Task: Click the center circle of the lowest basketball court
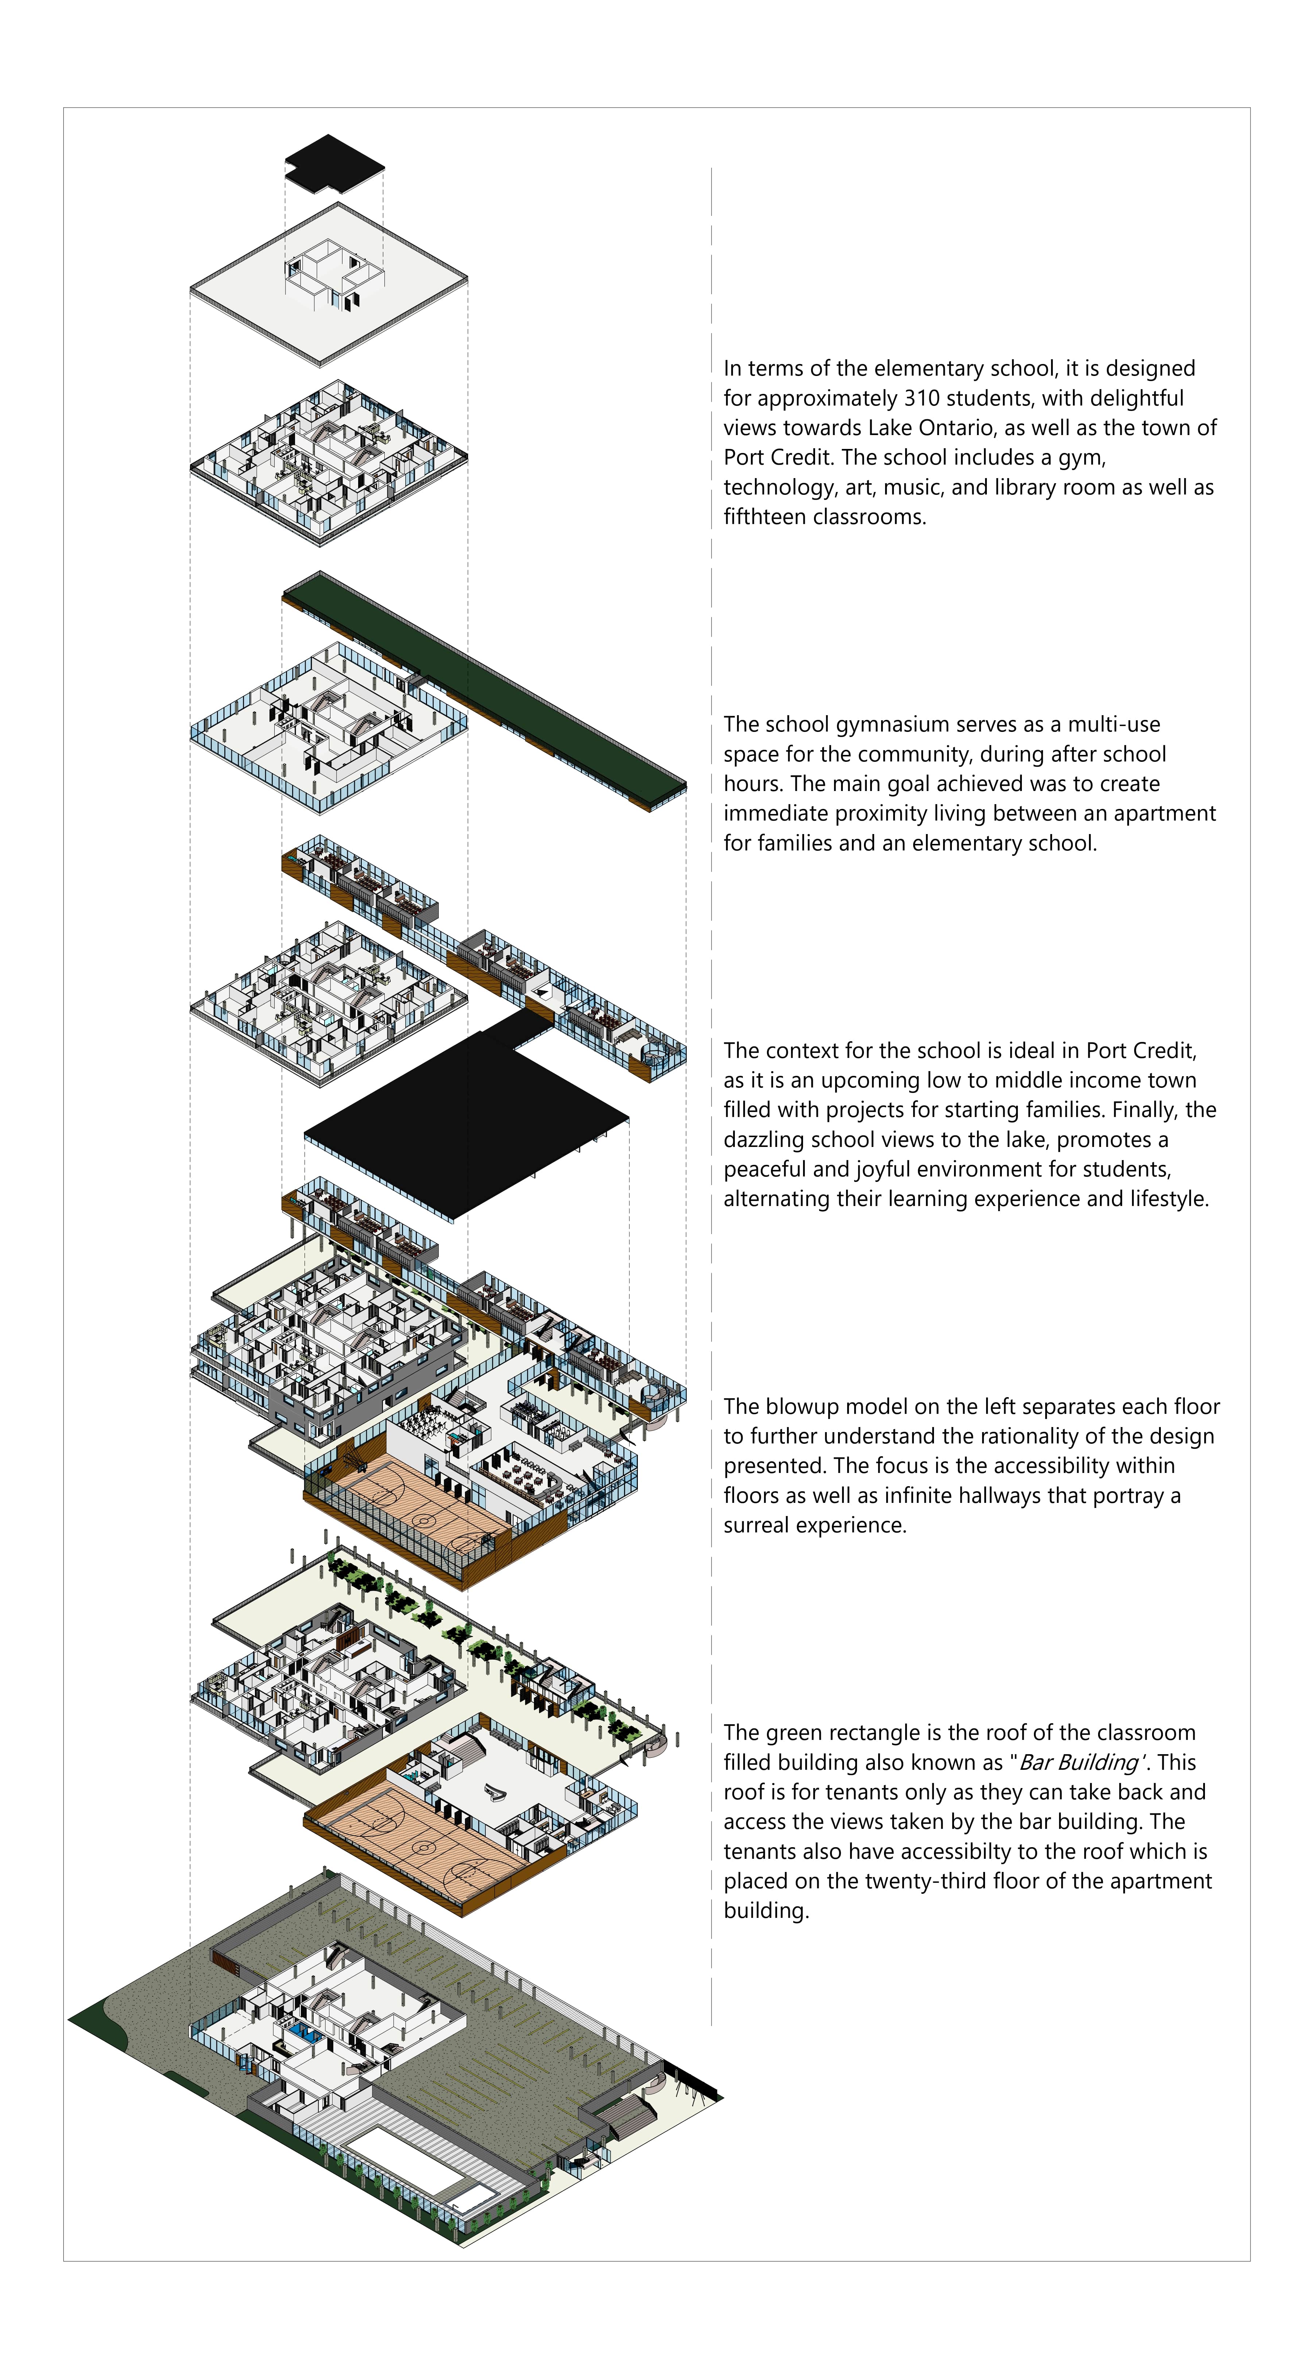[x=423, y=1847]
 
